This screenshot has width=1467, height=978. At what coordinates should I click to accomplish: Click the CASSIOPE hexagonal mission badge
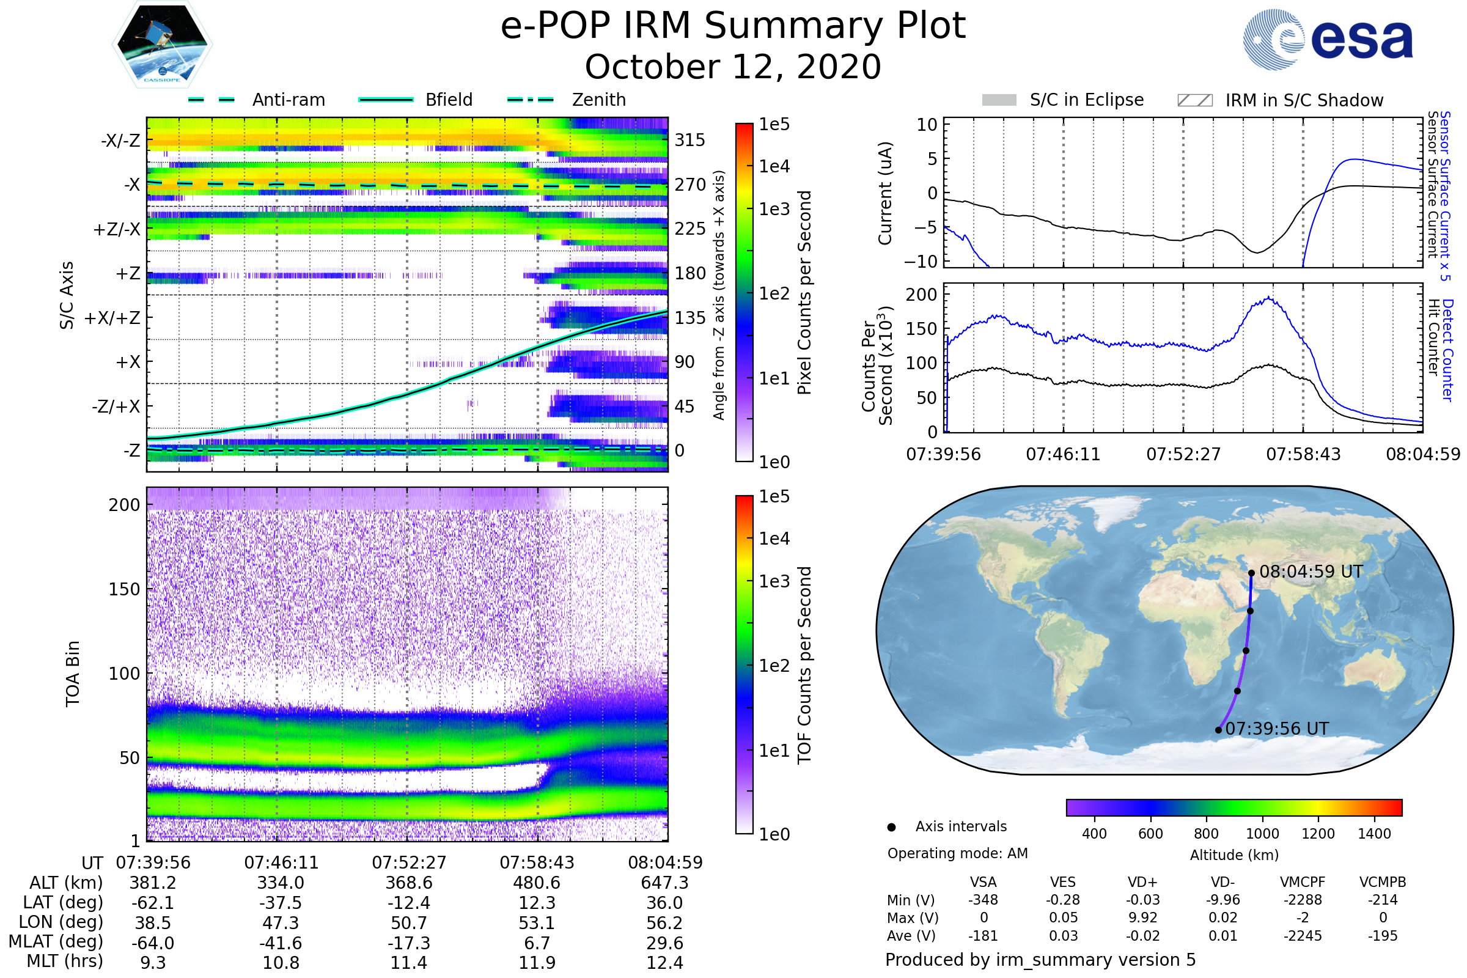tap(162, 44)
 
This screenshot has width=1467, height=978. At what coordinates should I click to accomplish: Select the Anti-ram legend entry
tap(288, 100)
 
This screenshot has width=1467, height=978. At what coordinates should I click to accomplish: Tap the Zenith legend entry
tap(598, 100)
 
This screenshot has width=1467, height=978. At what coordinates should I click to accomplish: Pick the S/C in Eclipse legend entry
tap(1086, 100)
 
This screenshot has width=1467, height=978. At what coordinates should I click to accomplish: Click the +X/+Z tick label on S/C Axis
tap(112, 318)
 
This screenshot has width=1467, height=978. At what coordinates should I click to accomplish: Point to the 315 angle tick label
tap(689, 140)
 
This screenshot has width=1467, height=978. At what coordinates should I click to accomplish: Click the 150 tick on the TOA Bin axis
tap(124, 589)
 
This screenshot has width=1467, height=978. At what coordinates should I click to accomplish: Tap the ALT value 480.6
tap(537, 883)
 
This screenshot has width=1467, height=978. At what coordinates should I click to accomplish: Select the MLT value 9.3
tap(153, 962)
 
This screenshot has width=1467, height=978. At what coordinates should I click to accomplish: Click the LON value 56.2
tap(664, 922)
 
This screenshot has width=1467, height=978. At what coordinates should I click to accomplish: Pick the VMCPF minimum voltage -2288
tap(1303, 900)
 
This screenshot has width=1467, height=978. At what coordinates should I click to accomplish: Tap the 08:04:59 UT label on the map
tap(1311, 572)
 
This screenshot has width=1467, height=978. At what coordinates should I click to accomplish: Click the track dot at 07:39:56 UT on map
tap(1218, 730)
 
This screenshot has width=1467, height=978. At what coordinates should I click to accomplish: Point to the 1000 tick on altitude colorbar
tap(1262, 834)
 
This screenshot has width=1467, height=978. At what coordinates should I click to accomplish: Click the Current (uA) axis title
tap(885, 193)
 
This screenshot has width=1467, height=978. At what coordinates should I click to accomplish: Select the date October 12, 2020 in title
tap(733, 67)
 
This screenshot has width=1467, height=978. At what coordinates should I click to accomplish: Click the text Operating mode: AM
tap(957, 853)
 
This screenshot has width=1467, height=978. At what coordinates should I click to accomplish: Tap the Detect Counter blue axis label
tap(1447, 349)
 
